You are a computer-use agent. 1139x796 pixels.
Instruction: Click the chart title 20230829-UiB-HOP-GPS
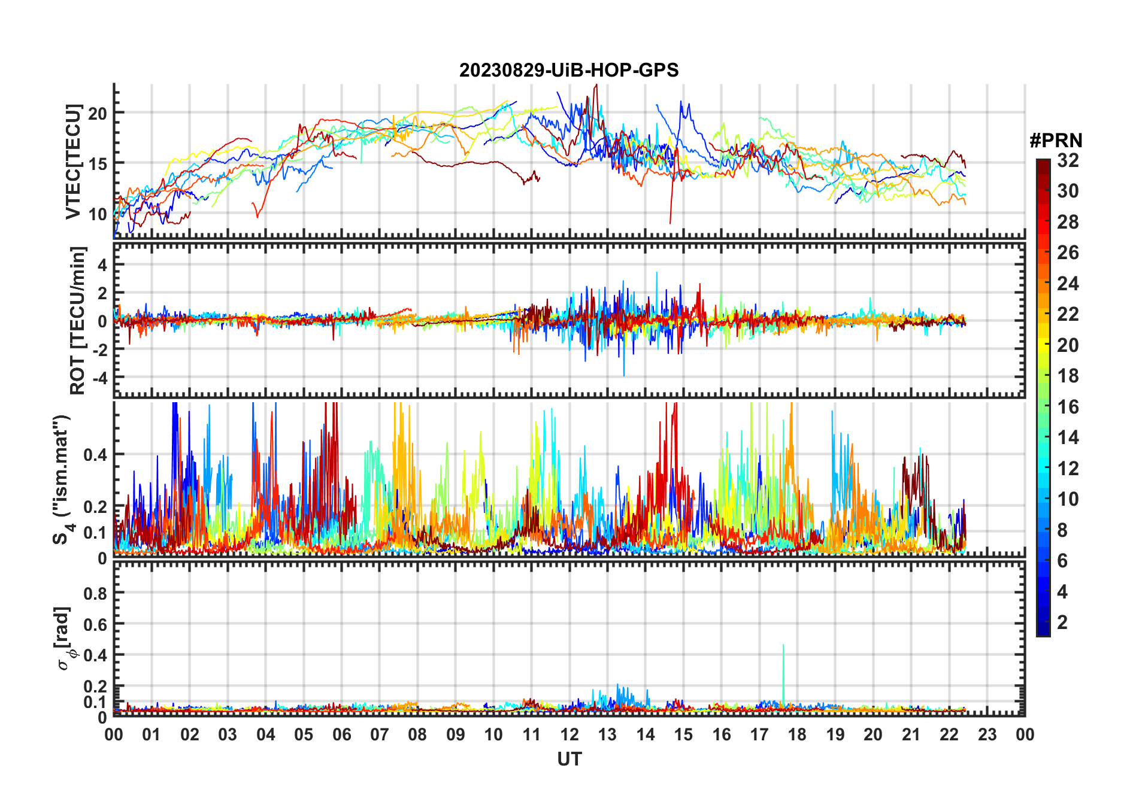pyautogui.click(x=569, y=71)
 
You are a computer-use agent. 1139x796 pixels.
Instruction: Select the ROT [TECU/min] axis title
pyautogui.click(x=78, y=320)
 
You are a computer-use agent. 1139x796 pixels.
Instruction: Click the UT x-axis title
pyautogui.click(x=569, y=759)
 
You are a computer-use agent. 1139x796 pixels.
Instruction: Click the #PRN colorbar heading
pyautogui.click(x=1056, y=141)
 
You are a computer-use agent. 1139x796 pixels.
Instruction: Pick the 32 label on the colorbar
pyautogui.click(x=1068, y=160)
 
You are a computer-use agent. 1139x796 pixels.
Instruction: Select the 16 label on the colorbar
pyautogui.click(x=1068, y=407)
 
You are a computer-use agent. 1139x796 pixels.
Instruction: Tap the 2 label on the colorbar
pyautogui.click(x=1062, y=622)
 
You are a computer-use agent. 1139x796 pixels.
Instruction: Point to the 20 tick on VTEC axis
pyautogui.click(x=98, y=113)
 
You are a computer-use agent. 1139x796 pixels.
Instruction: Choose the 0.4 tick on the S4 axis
pyautogui.click(x=95, y=455)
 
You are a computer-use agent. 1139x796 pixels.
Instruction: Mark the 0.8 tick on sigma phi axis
pyautogui.click(x=95, y=594)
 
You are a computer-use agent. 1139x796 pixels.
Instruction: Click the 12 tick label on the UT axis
pyautogui.click(x=569, y=735)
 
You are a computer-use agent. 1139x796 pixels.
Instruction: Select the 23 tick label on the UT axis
pyautogui.click(x=987, y=735)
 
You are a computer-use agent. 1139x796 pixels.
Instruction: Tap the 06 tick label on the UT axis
pyautogui.click(x=342, y=735)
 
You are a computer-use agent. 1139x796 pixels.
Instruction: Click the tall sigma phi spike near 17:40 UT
pyautogui.click(x=783, y=646)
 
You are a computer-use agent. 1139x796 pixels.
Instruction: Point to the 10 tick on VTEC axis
pyautogui.click(x=98, y=214)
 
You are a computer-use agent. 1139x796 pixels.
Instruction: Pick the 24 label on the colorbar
pyautogui.click(x=1068, y=284)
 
